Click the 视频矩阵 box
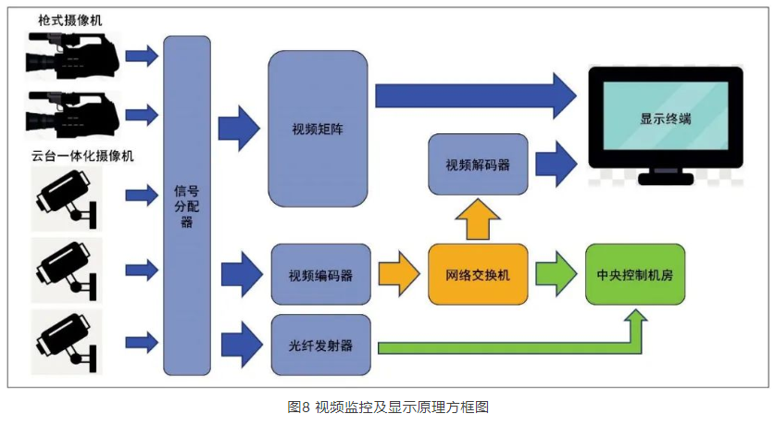tap(318, 127)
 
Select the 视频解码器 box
tap(478, 165)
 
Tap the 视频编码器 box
tap(320, 275)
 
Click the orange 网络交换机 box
tap(478, 275)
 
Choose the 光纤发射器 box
tap(320, 345)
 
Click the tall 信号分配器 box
tap(186, 206)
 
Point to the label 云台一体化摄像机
tap(82, 156)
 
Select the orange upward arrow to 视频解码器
tap(478, 220)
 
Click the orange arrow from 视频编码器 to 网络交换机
tap(400, 274)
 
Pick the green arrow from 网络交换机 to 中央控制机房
tap(556, 274)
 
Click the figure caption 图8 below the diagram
tap(386, 408)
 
